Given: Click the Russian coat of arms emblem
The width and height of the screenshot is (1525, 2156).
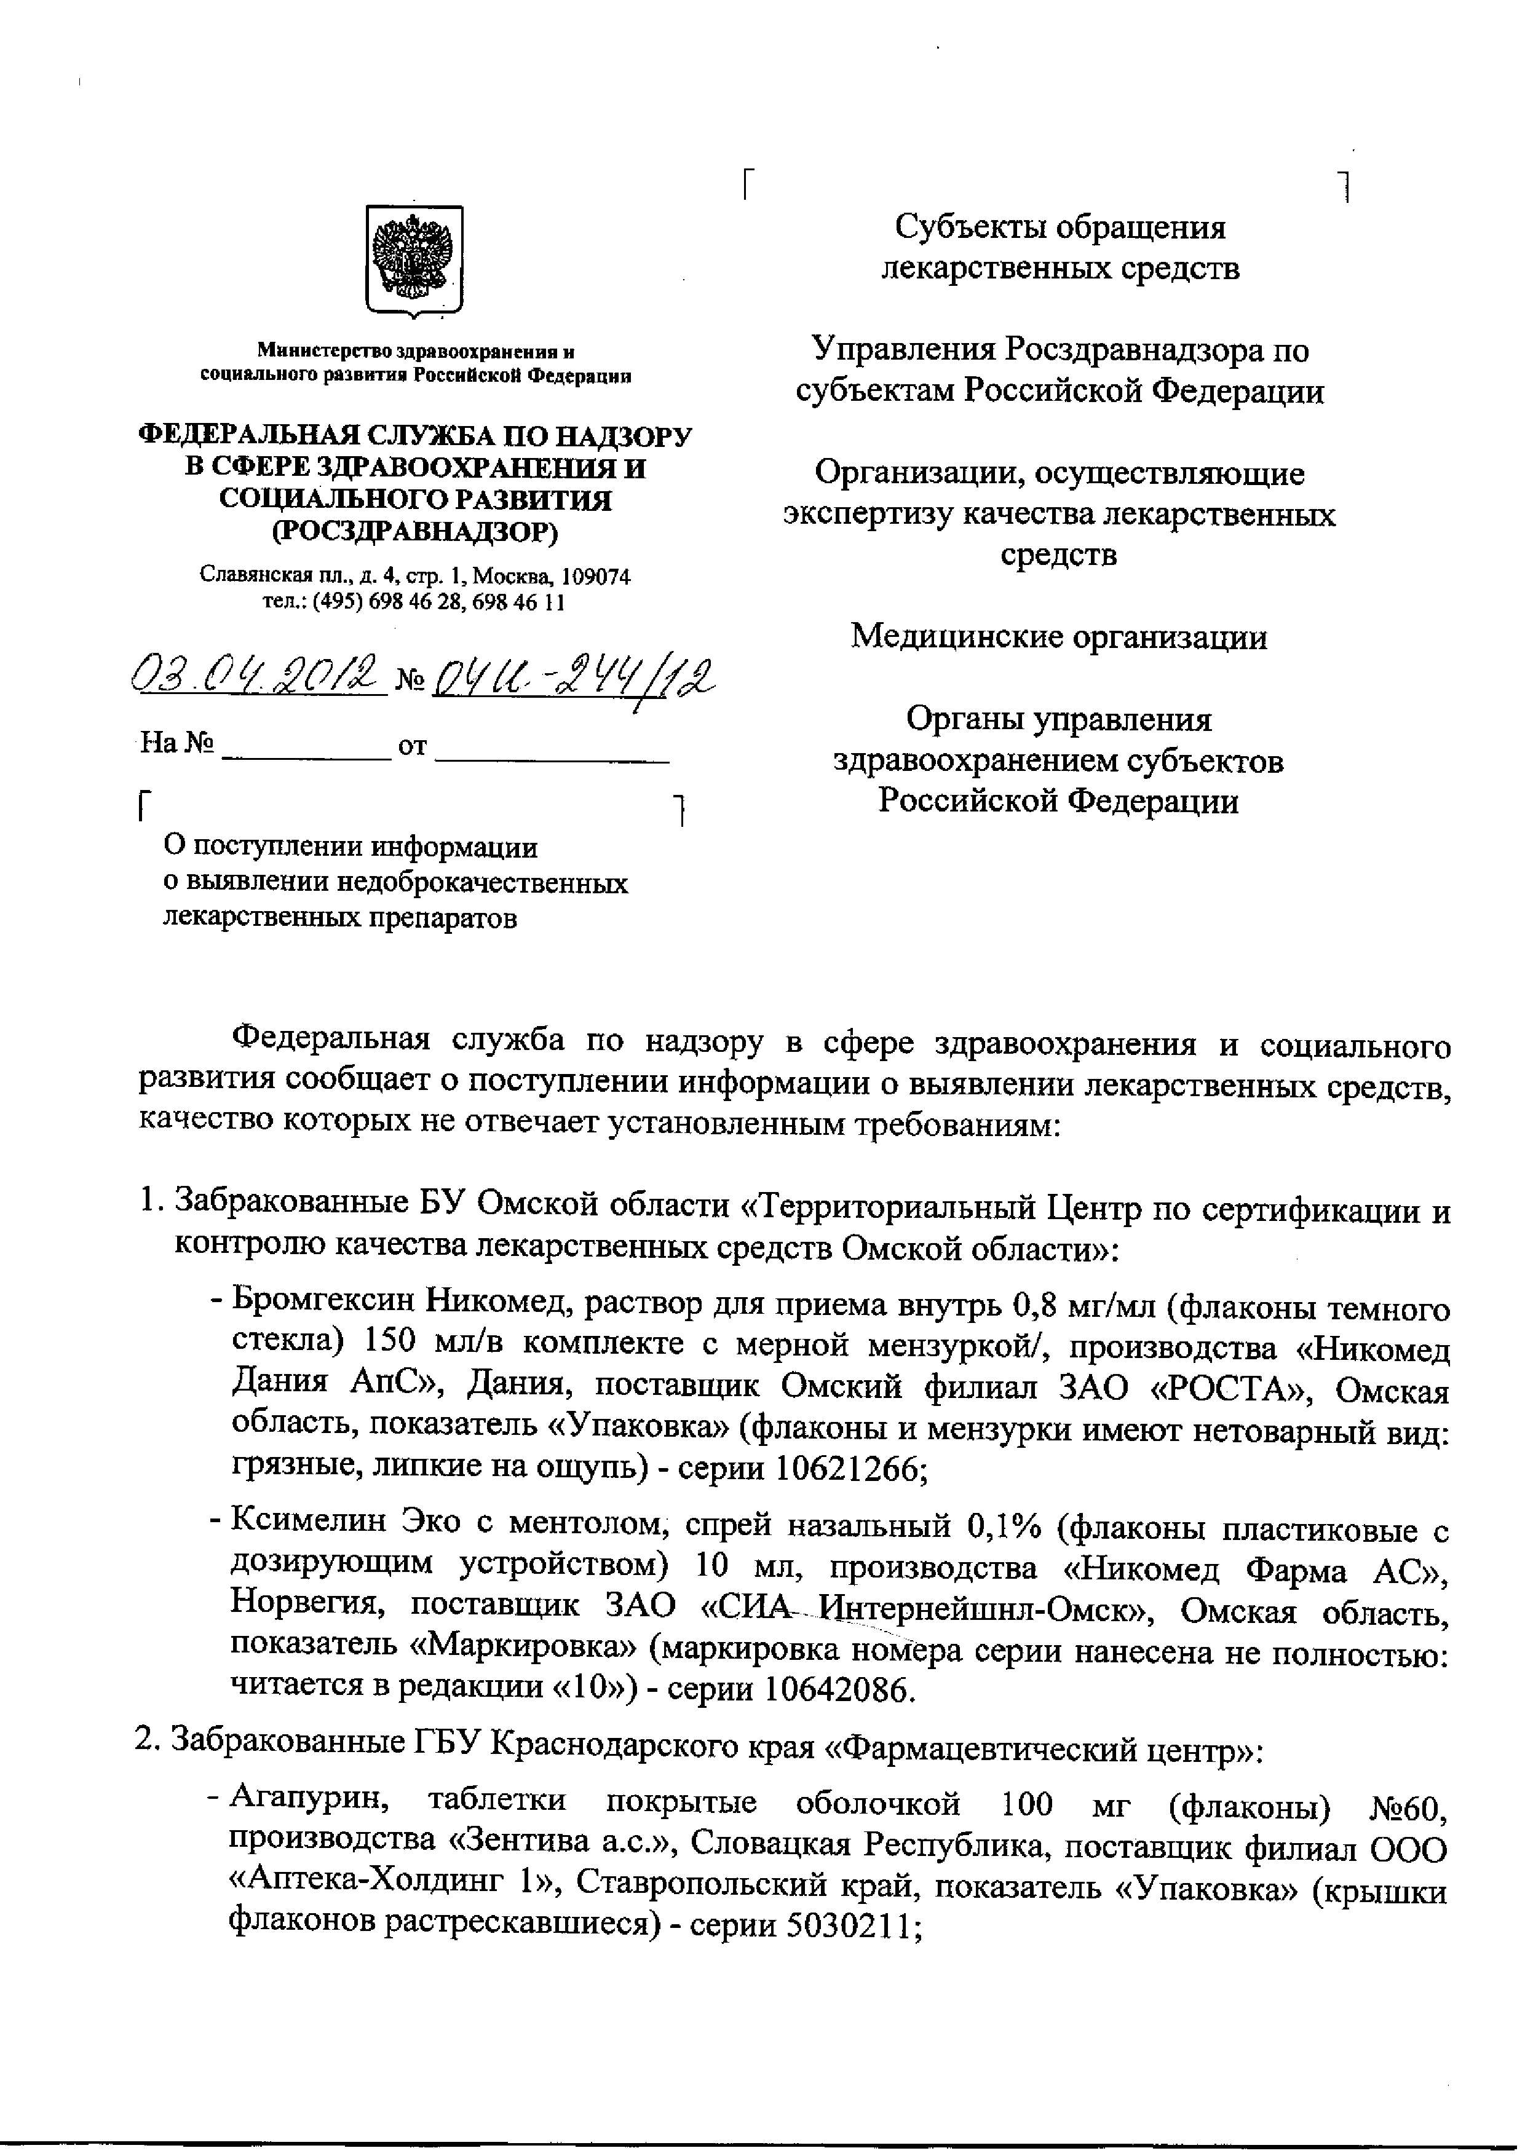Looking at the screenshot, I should coord(413,260).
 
